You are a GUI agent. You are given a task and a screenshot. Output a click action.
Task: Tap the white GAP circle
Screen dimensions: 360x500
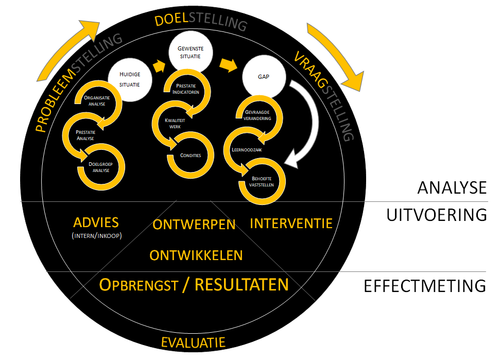coord(264,78)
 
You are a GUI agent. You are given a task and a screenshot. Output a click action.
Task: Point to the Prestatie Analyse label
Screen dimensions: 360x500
coord(85,135)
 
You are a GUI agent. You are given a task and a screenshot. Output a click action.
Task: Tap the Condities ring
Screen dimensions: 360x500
coord(191,155)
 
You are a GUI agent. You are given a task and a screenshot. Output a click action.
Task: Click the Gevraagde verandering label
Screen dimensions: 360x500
coord(257,115)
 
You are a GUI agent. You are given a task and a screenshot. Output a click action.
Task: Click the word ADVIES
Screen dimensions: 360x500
coord(96,222)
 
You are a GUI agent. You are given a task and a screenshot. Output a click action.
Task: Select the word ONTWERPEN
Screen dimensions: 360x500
coord(194,225)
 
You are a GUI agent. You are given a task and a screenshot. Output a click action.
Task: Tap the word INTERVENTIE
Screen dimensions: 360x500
coord(291,223)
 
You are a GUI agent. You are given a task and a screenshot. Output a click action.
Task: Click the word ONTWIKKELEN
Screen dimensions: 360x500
coord(196,255)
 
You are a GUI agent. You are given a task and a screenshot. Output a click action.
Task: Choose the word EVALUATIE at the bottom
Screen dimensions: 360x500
coord(193,342)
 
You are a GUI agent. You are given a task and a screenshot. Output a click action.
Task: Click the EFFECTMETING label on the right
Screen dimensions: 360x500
coord(424,286)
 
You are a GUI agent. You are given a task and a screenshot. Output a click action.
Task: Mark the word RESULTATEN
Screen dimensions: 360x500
coord(242,284)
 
